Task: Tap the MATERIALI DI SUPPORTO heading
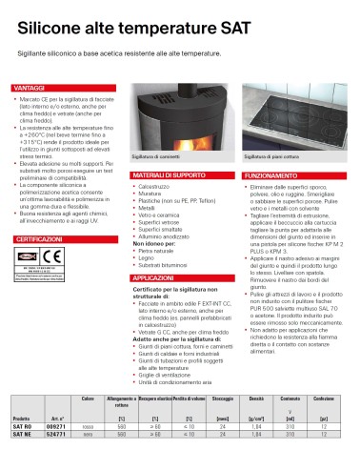(x=169, y=176)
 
